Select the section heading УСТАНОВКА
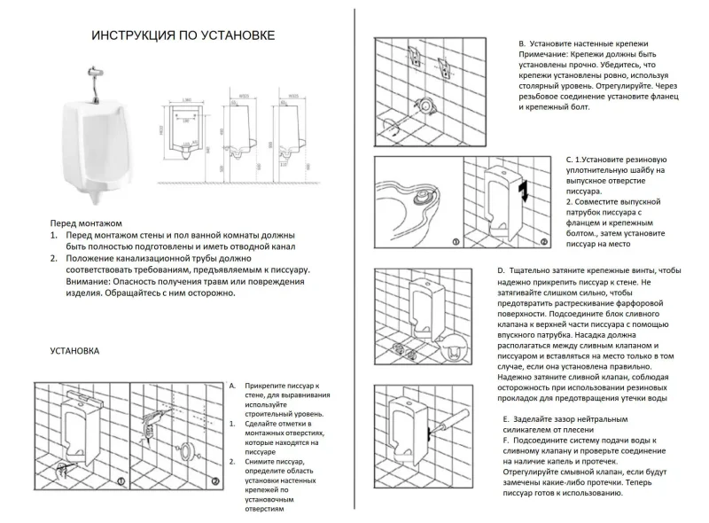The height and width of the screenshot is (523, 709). [x=75, y=351]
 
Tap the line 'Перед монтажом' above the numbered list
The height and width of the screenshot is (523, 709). [x=85, y=224]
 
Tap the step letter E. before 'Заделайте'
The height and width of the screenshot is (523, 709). [x=506, y=418]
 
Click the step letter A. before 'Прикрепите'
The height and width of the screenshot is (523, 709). [x=232, y=386]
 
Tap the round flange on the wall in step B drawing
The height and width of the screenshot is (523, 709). [x=429, y=105]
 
